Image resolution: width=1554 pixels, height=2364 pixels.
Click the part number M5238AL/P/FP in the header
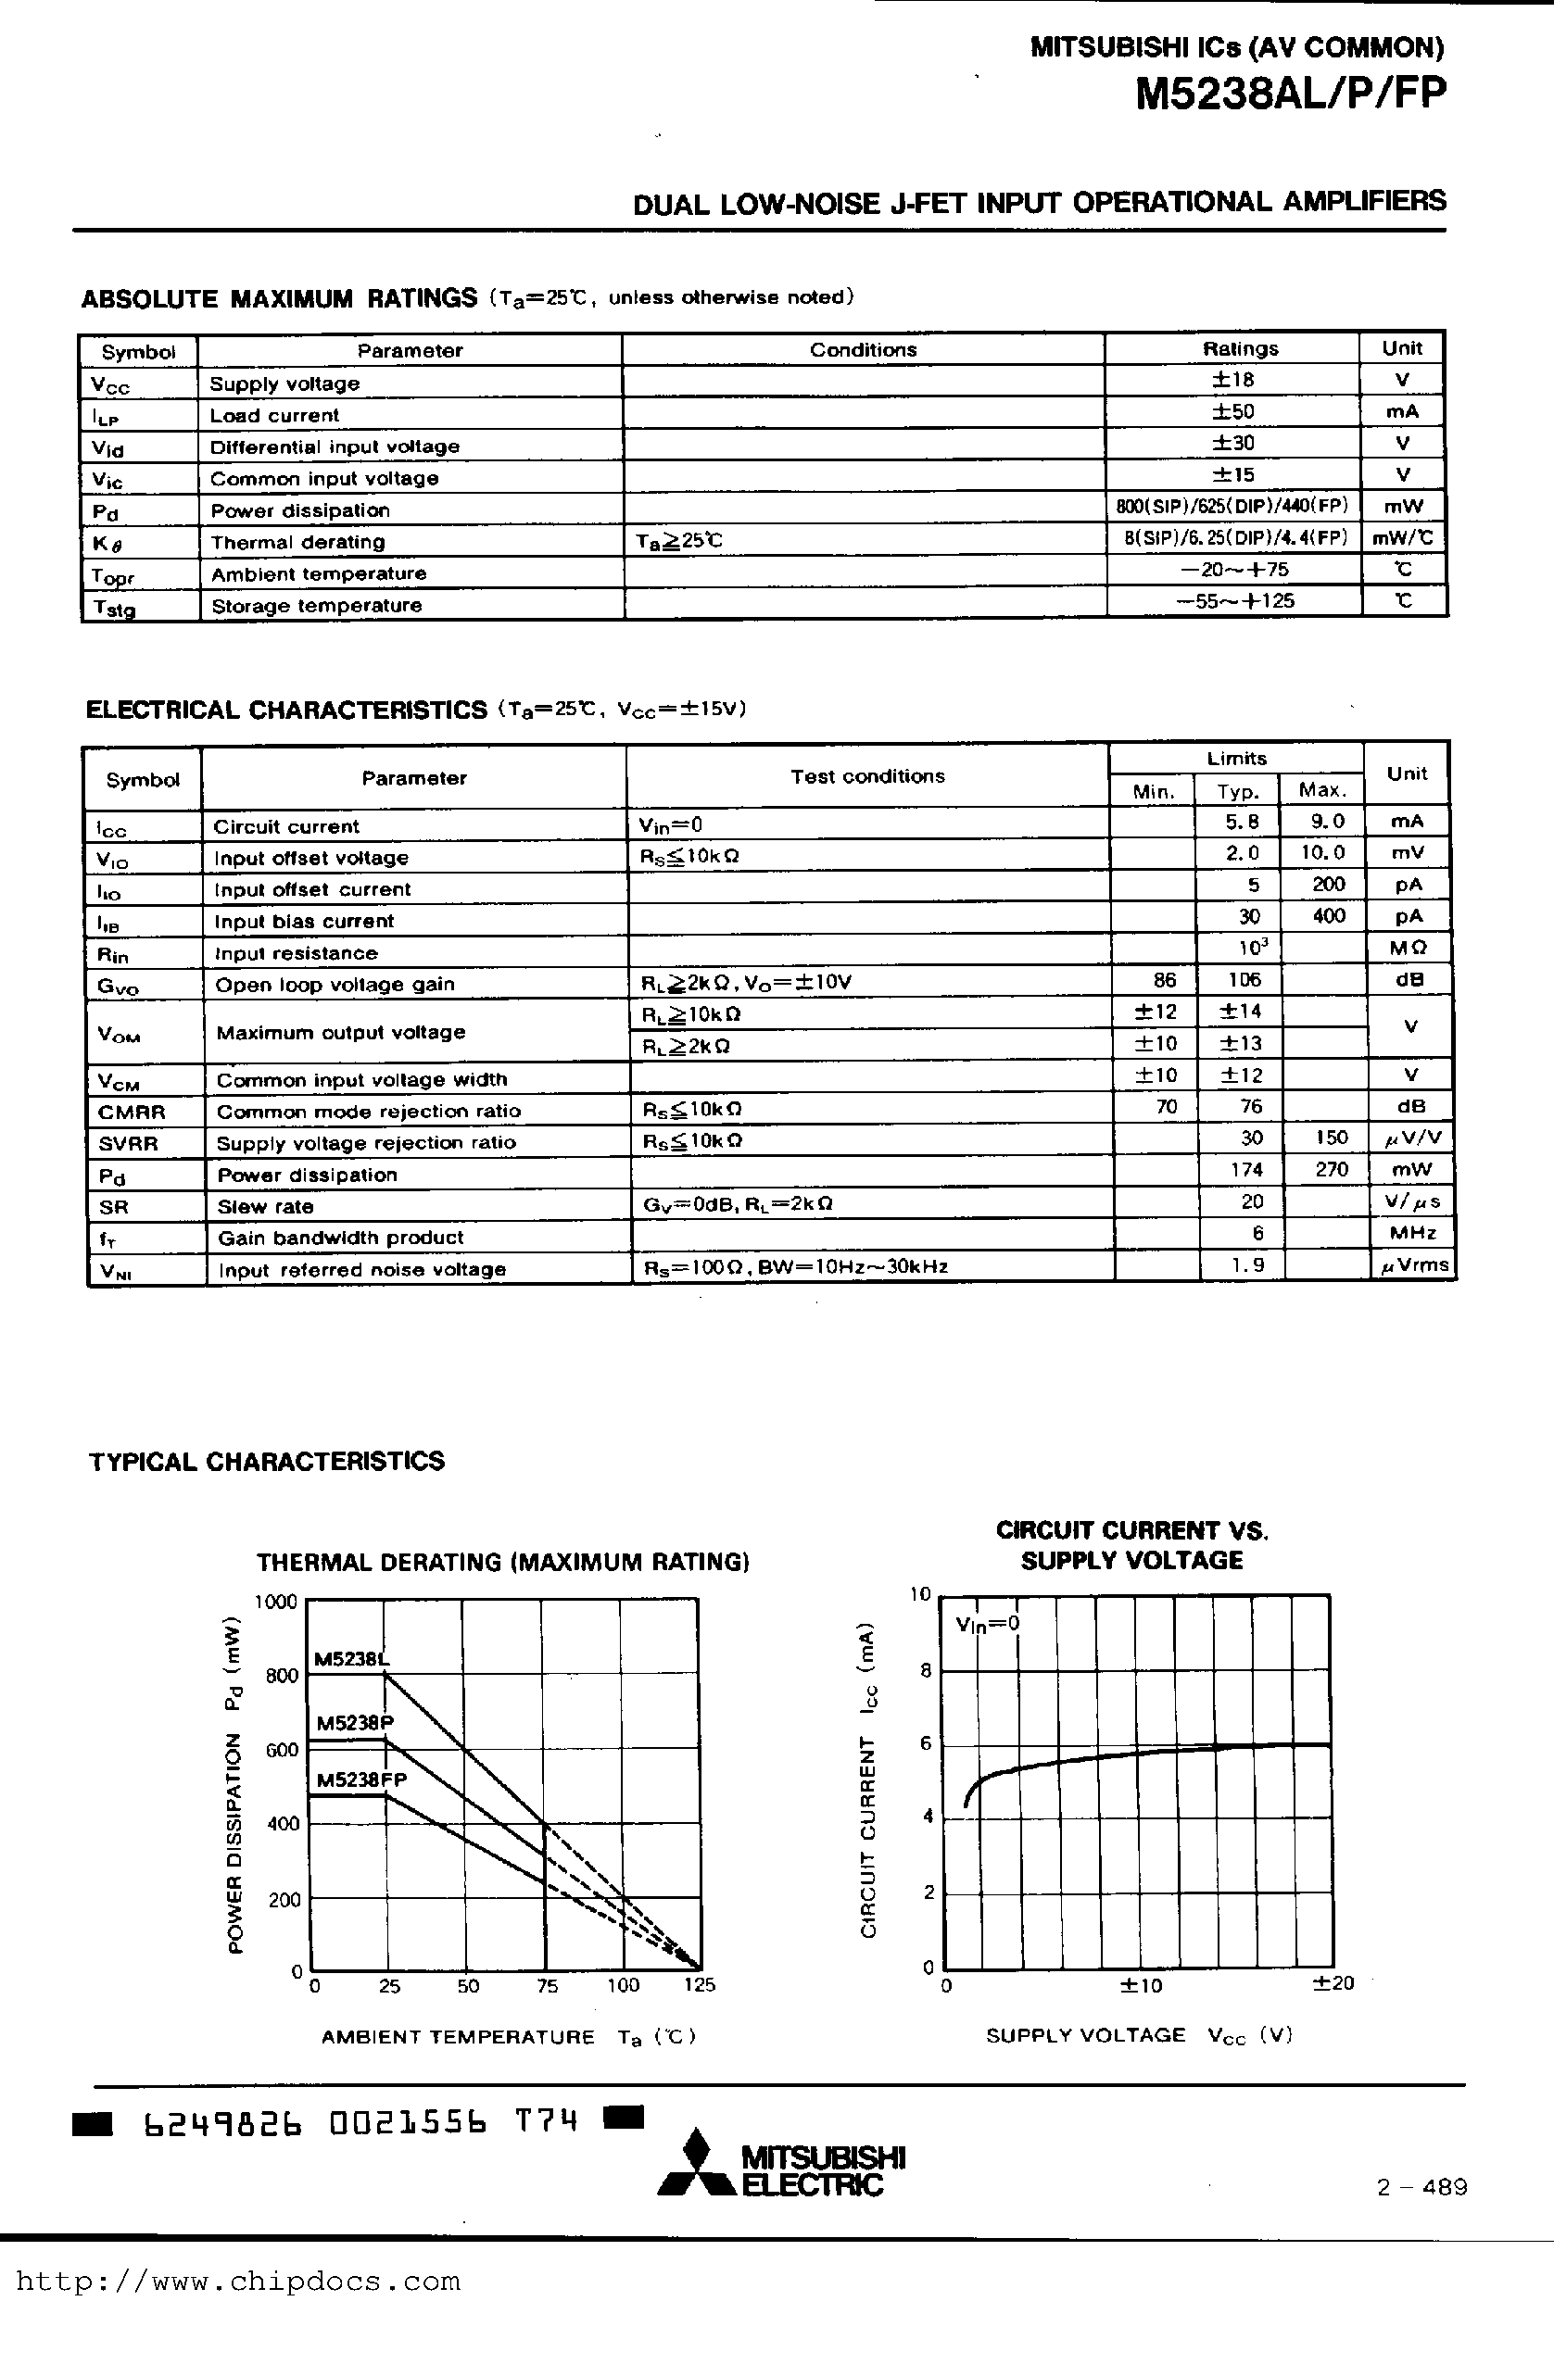1290,94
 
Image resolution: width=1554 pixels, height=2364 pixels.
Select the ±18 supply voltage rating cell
1233,380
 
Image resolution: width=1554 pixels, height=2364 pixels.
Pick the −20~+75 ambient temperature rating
1234,569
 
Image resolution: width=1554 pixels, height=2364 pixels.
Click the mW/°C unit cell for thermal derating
1402,537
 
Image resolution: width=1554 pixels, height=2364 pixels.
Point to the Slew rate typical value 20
1251,1201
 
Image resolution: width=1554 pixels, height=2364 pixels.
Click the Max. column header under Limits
1321,791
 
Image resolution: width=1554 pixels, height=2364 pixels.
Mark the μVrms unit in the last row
1413,1265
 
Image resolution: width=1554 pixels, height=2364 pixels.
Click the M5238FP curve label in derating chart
360,1780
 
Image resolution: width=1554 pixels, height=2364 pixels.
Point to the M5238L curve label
352,1658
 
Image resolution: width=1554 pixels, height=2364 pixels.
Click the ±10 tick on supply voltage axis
1140,1985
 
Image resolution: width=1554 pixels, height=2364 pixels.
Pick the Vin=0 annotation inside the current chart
987,1625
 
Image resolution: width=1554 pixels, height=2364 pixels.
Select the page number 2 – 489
1421,2187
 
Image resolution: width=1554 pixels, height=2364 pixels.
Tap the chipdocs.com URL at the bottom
238,2282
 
